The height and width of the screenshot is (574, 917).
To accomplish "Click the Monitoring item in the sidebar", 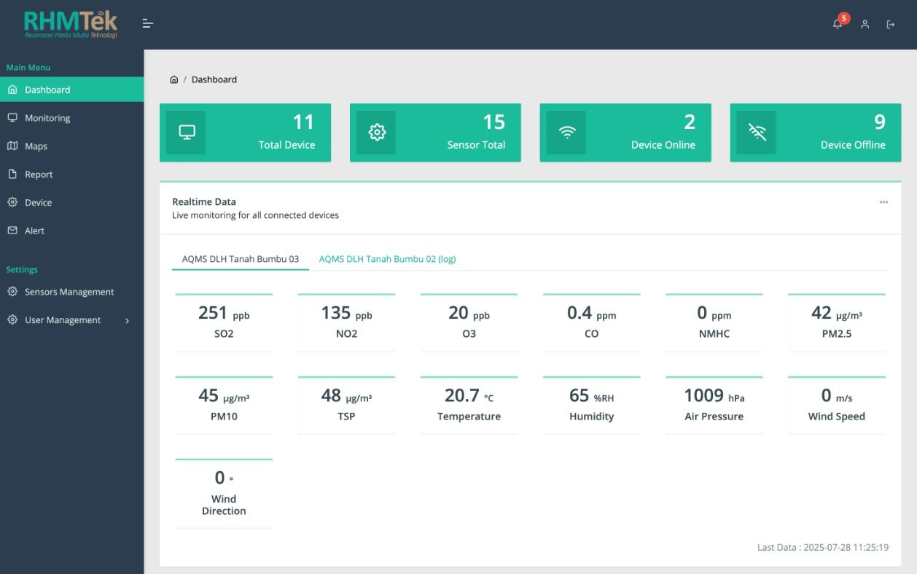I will tap(47, 118).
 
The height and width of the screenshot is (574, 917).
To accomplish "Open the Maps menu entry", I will tap(36, 146).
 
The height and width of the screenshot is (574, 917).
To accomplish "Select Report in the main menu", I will tap(39, 174).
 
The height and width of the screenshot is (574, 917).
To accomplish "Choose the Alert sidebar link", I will tap(34, 230).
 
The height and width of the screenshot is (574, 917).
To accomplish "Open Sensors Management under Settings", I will tap(69, 292).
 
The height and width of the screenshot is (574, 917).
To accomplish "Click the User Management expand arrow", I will tap(128, 320).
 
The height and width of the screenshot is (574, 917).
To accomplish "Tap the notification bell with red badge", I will tap(838, 24).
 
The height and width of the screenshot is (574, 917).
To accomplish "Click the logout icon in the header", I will tap(891, 25).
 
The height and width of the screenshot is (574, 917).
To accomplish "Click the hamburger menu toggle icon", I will tap(148, 24).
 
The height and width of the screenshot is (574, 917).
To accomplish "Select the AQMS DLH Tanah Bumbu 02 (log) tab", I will tap(387, 259).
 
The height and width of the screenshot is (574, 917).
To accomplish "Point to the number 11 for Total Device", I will tap(303, 122).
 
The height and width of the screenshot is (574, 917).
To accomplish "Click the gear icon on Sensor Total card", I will tap(377, 132).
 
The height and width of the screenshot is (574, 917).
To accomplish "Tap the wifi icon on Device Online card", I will tap(566, 132).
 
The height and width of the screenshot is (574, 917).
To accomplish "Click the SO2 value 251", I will tap(213, 313).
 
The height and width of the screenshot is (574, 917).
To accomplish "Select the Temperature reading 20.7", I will tap(462, 395).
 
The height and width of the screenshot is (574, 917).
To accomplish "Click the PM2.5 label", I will tap(836, 333).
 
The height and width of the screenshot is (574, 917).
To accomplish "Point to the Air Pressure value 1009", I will tap(703, 395).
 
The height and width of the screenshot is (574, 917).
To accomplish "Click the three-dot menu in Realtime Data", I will tap(883, 202).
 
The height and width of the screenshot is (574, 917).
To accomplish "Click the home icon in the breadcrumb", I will tap(174, 79).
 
